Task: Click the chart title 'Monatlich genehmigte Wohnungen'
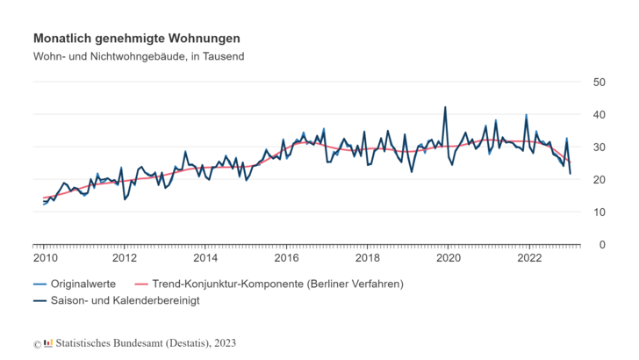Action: (136, 39)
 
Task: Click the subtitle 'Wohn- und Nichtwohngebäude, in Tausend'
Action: (139, 57)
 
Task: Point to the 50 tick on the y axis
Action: (600, 82)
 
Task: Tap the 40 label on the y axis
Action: (600, 114)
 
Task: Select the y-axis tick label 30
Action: (600, 147)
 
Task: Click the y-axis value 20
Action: (600, 179)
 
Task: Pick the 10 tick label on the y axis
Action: (600, 212)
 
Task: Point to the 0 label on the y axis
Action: (604, 244)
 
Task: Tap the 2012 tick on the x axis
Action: (125, 258)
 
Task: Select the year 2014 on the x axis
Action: (205, 258)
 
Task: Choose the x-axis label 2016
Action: (286, 258)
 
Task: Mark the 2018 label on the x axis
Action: (367, 258)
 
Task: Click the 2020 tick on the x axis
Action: (449, 258)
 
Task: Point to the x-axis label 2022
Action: (529, 258)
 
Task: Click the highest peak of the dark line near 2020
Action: (445, 108)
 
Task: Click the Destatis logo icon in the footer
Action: (48, 342)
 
